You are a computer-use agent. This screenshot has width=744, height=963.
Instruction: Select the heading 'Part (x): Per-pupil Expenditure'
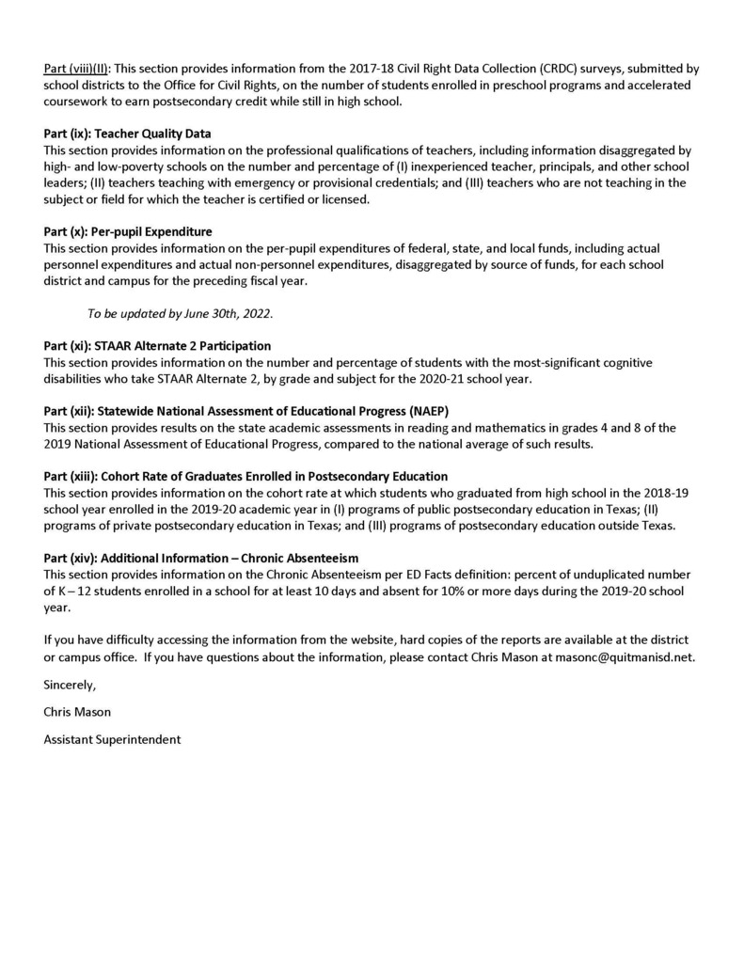click(128, 231)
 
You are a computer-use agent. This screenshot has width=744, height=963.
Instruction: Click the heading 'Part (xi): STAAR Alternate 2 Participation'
click(157, 346)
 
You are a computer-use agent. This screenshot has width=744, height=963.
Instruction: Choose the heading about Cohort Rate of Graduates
click(245, 477)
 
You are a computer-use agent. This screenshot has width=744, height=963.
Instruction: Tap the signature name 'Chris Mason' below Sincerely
click(78, 712)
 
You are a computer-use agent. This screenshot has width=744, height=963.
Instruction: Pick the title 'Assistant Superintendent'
click(112, 739)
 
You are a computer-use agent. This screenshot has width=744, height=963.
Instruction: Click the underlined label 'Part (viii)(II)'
click(77, 69)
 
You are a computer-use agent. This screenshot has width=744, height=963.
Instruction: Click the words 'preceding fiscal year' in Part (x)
click(247, 281)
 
